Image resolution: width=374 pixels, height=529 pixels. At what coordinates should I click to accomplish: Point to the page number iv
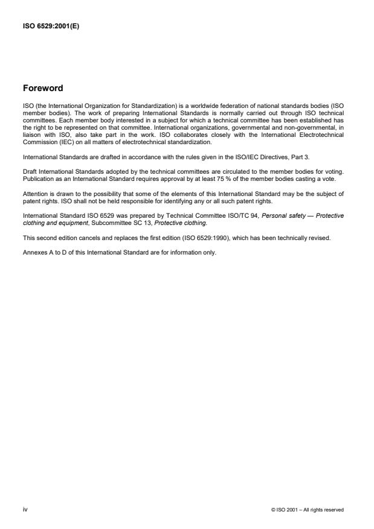coord(25,509)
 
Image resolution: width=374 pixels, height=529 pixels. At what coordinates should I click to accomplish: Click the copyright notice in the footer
coord(308,510)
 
